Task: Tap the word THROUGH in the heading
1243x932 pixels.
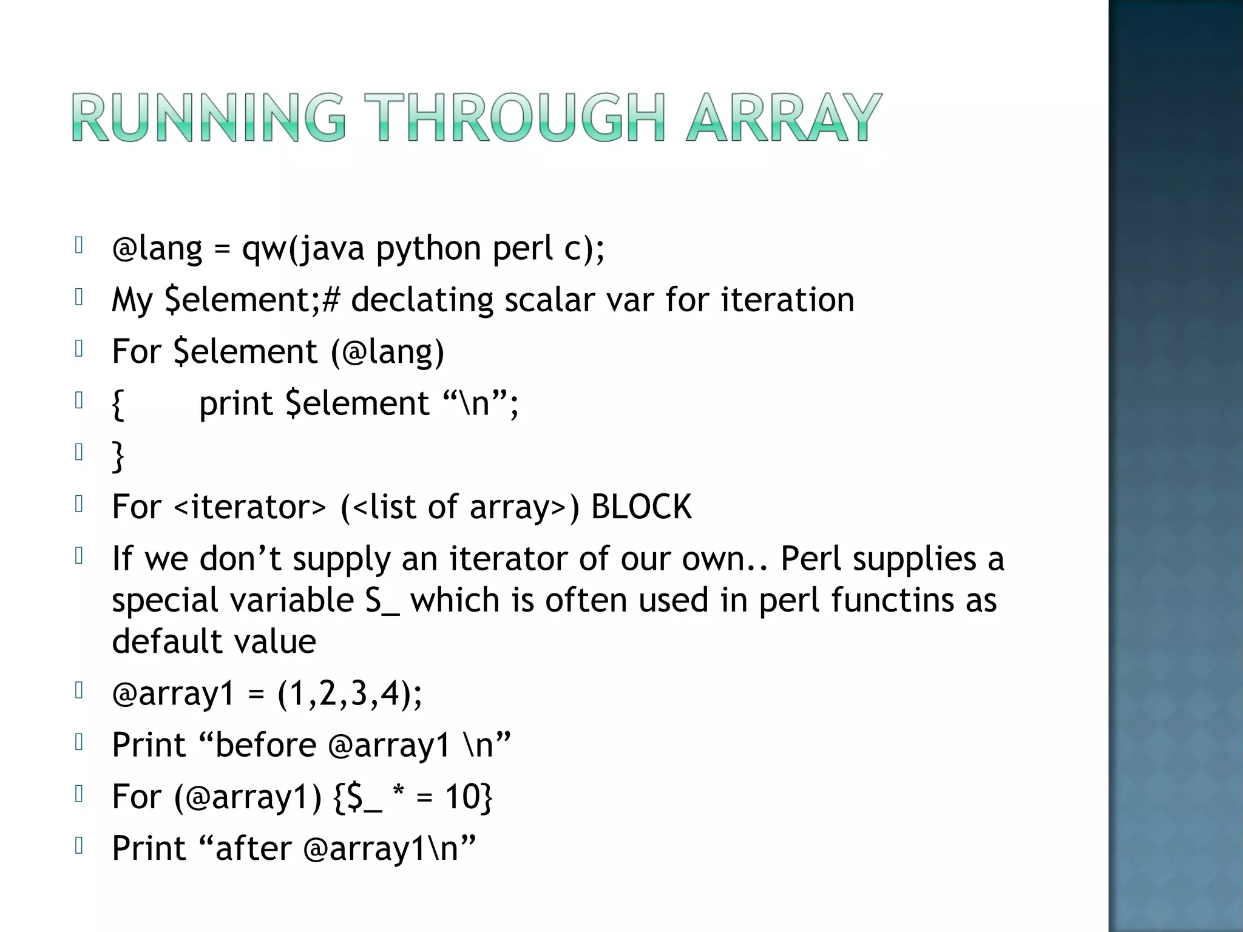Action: pyautogui.click(x=518, y=118)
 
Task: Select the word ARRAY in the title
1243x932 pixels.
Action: pyautogui.click(x=783, y=118)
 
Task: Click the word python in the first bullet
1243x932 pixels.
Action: pyautogui.click(x=428, y=249)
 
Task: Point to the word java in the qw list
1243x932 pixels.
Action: pyautogui.click(x=333, y=249)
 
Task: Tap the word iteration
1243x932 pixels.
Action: pyautogui.click(x=787, y=300)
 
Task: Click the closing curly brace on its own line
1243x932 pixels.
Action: pyautogui.click(x=118, y=456)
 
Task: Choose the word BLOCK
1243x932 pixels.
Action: pyautogui.click(x=641, y=507)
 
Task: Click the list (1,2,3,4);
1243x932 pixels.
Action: pyautogui.click(x=350, y=694)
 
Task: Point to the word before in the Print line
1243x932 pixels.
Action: pyautogui.click(x=265, y=745)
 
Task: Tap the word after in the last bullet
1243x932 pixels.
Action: pyautogui.click(x=253, y=848)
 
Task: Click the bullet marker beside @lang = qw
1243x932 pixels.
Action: pyautogui.click(x=78, y=245)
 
